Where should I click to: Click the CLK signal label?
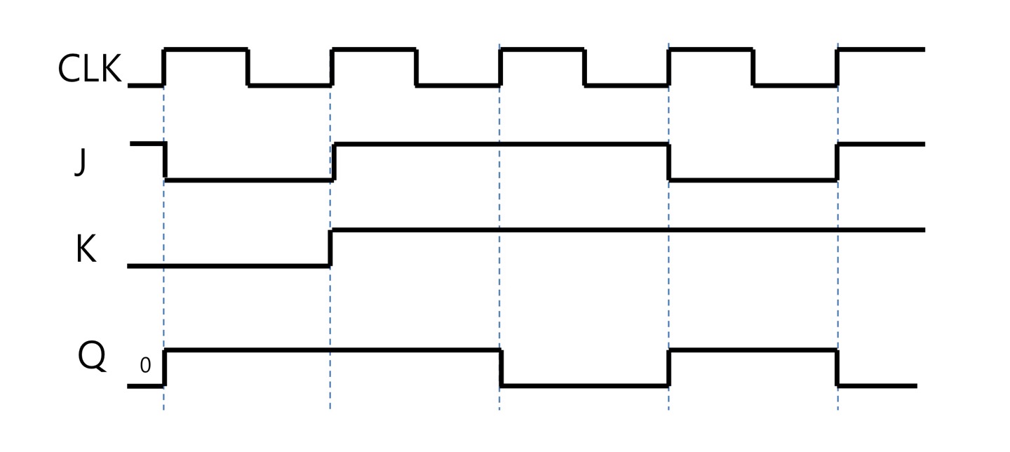click(x=89, y=69)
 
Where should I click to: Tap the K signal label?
click(x=86, y=249)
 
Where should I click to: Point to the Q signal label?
click(x=92, y=357)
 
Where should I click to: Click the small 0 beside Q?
click(x=145, y=365)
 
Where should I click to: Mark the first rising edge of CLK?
click(x=164, y=67)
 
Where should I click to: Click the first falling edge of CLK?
click(x=248, y=67)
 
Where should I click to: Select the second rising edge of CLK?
click(x=332, y=67)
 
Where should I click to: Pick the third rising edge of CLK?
click(x=500, y=67)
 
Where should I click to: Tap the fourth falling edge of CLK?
click(x=753, y=67)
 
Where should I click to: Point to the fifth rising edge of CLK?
click(x=837, y=67)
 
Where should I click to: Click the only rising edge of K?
click(x=331, y=248)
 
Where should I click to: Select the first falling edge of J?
click(x=165, y=161)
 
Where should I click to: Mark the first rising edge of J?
click(x=335, y=161)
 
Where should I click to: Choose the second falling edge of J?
click(x=669, y=161)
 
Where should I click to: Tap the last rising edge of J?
click(x=837, y=161)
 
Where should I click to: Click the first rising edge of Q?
click(x=165, y=367)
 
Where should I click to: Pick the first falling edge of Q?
click(x=501, y=367)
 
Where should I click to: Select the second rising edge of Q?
click(x=670, y=367)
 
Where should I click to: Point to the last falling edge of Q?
click(x=838, y=367)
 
